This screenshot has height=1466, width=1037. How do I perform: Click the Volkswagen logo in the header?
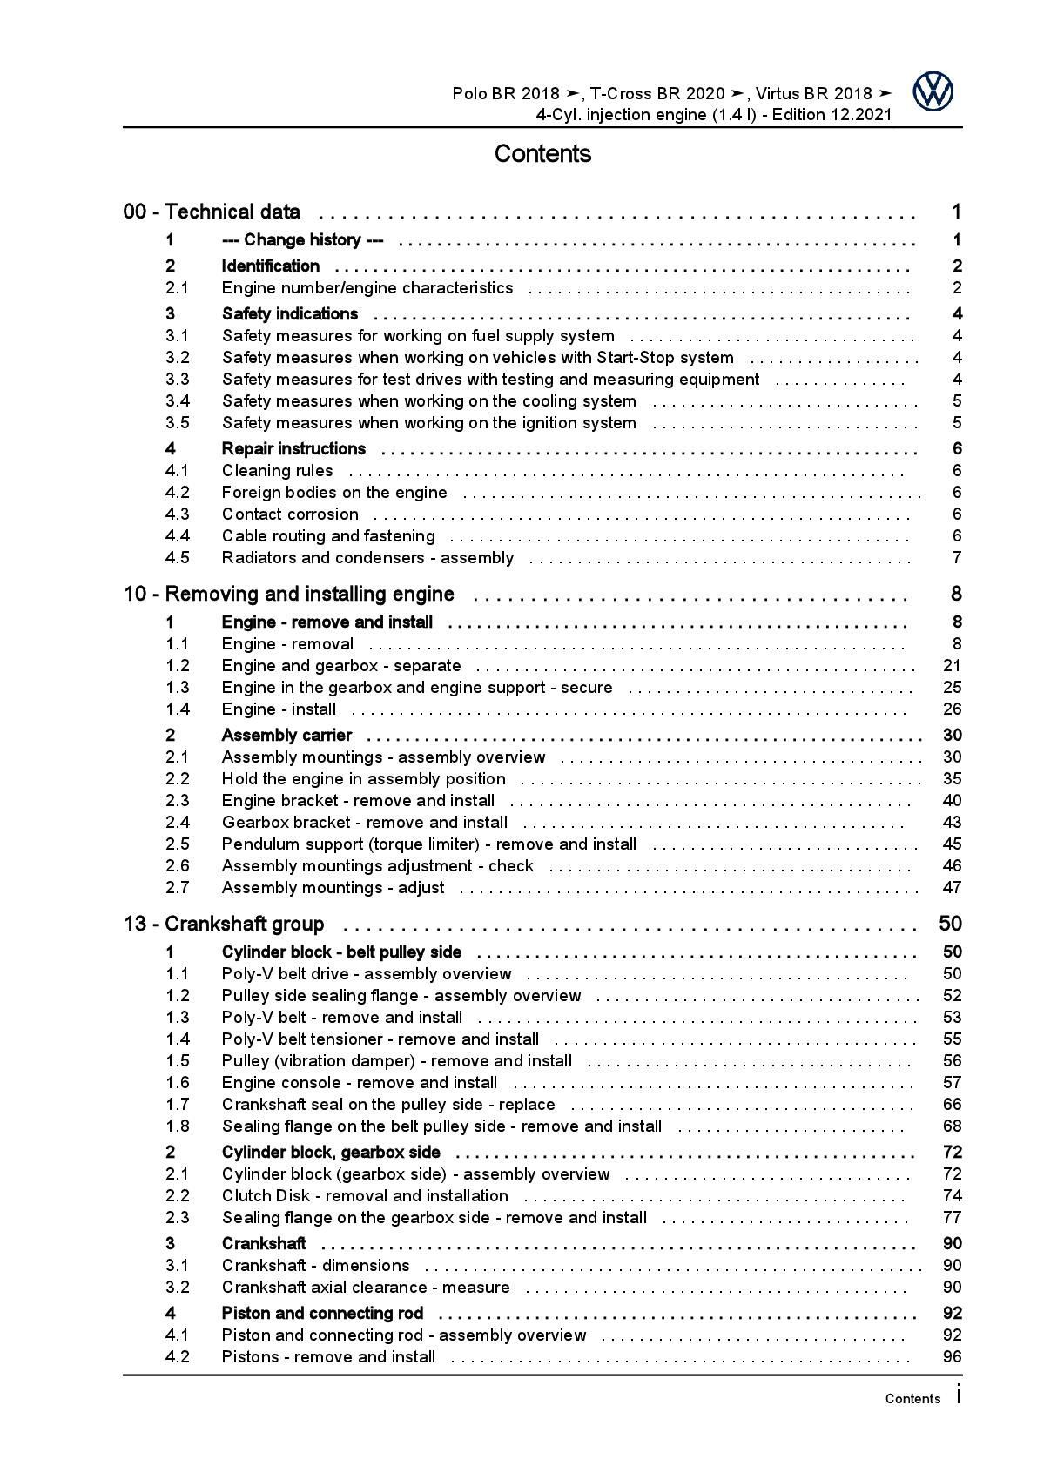pyautogui.click(x=933, y=91)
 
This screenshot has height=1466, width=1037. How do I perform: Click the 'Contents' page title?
pyautogui.click(x=542, y=154)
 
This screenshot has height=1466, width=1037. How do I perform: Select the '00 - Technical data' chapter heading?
pyautogui.click(x=212, y=212)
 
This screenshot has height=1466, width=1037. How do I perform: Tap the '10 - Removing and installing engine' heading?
pyautogui.click(x=289, y=594)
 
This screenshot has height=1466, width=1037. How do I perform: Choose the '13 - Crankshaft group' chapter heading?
pyautogui.click(x=225, y=924)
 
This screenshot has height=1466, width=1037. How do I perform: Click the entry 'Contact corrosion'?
pyautogui.click(x=290, y=514)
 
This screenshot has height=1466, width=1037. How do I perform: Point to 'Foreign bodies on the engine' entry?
pyautogui.click(x=334, y=492)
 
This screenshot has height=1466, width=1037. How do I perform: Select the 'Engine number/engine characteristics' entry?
pyautogui.click(x=367, y=287)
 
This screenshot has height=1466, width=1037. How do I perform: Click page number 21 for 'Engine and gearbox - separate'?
pyautogui.click(x=952, y=665)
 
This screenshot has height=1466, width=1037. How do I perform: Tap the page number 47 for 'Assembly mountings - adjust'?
pyautogui.click(x=952, y=887)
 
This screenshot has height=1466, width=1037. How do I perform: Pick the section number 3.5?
pyautogui.click(x=178, y=422)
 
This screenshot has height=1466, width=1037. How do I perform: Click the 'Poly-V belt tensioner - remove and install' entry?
pyautogui.click(x=380, y=1039)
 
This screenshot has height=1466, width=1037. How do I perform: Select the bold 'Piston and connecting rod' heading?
pyautogui.click(x=322, y=1313)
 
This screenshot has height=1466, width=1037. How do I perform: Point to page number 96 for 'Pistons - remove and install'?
pyautogui.click(x=952, y=1356)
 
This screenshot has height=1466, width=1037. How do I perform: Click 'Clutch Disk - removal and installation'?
pyautogui.click(x=365, y=1195)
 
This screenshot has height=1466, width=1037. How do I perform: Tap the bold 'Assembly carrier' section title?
pyautogui.click(x=286, y=735)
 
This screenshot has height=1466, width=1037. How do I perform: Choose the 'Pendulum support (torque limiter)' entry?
pyautogui.click(x=428, y=844)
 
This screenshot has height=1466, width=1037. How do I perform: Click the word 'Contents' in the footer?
pyautogui.click(x=912, y=1399)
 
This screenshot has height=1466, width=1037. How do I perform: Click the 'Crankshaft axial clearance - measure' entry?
pyautogui.click(x=366, y=1287)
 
